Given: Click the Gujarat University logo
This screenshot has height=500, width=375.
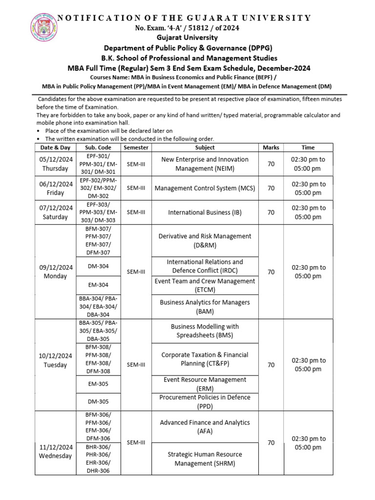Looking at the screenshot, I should coord(44,27).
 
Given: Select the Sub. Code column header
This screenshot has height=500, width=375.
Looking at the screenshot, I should coord(98,147).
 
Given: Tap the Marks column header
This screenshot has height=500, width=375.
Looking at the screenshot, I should coord(271,147).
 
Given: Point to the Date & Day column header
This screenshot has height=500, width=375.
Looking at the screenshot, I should coord(56,147).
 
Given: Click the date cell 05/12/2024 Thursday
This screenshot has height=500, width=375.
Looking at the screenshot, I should coord(56,164).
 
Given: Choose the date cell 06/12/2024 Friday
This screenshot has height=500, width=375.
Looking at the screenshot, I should coord(56,188).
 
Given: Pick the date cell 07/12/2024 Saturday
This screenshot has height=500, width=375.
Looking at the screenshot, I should coord(56,212).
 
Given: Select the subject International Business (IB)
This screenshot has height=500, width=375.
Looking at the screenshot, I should coord(205,212).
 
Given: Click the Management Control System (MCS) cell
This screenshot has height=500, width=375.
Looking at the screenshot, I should coord(205,188).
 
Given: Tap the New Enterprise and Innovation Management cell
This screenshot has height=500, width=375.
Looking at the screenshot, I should coord(205,164).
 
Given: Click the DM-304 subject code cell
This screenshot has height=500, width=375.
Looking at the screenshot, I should coord(98,266).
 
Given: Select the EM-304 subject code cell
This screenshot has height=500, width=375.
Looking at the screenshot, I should coord(98,285).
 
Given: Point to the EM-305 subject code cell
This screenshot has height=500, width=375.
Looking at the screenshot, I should coord(98,384).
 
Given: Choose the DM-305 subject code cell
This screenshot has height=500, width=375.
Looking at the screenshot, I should coord(98,402).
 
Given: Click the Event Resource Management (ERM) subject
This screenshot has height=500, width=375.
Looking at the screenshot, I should coord(205,384).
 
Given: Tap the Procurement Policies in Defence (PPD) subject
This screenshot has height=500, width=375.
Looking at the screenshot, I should coord(205,402).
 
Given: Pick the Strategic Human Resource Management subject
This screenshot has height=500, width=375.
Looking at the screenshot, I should coord(205,458).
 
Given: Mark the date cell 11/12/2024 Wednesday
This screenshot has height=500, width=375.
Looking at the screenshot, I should coord(56,452).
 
